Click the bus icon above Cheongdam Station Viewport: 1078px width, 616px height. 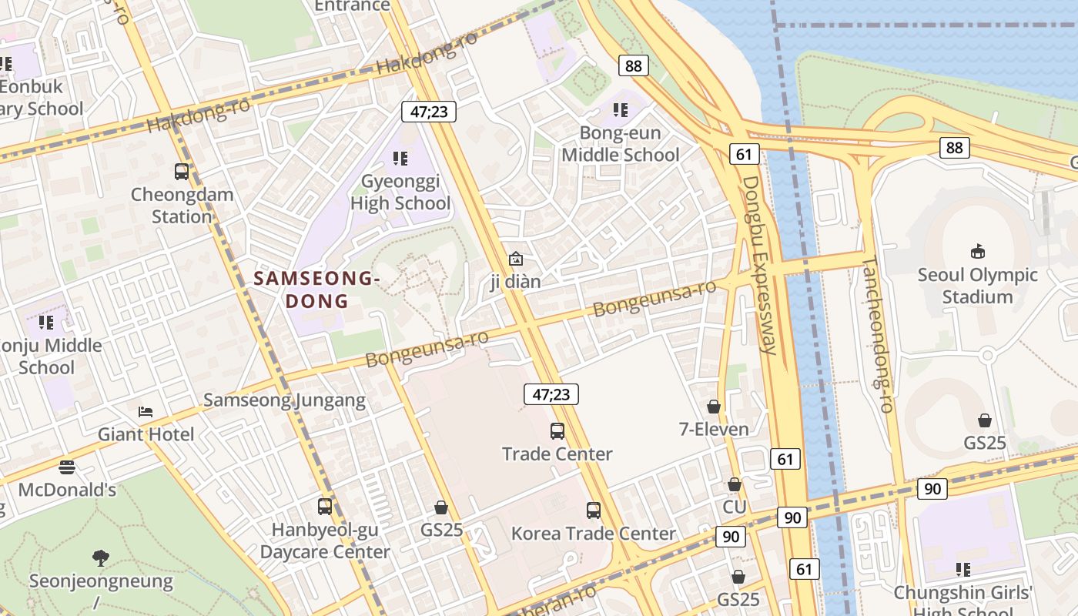[x=182, y=172]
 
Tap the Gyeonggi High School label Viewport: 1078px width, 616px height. [x=400, y=192]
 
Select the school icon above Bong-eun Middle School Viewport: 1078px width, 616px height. [x=621, y=111]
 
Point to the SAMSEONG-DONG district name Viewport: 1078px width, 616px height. [x=316, y=290]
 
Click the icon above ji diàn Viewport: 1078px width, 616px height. [x=516, y=259]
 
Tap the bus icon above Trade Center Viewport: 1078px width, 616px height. [x=557, y=431]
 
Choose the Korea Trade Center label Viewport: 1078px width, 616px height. [x=594, y=533]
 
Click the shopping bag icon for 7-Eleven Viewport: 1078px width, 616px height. [x=714, y=407]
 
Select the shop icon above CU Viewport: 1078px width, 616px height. [x=735, y=485]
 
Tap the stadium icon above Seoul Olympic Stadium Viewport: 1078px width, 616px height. [x=978, y=252]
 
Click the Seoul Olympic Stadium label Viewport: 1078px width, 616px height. [x=978, y=286]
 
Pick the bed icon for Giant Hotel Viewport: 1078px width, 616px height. [x=146, y=412]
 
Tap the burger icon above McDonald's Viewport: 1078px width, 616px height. [x=67, y=467]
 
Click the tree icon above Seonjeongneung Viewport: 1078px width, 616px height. [x=100, y=558]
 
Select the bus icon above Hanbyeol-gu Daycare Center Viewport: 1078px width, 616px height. [x=325, y=507]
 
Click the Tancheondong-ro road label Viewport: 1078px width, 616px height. [x=878, y=335]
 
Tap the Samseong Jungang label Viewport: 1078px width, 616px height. [x=284, y=400]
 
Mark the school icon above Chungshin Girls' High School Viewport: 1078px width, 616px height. [x=962, y=570]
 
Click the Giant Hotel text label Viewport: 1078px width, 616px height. [x=146, y=434]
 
